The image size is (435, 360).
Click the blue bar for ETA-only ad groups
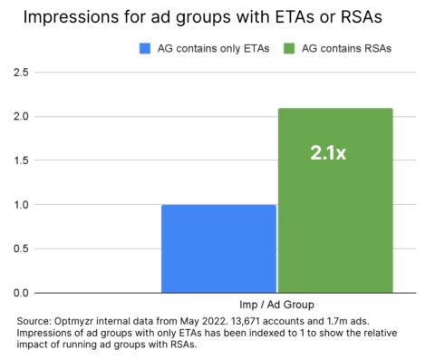click(218, 248)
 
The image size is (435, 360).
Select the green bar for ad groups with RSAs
click(335, 200)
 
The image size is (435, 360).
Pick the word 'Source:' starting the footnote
click(36, 321)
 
